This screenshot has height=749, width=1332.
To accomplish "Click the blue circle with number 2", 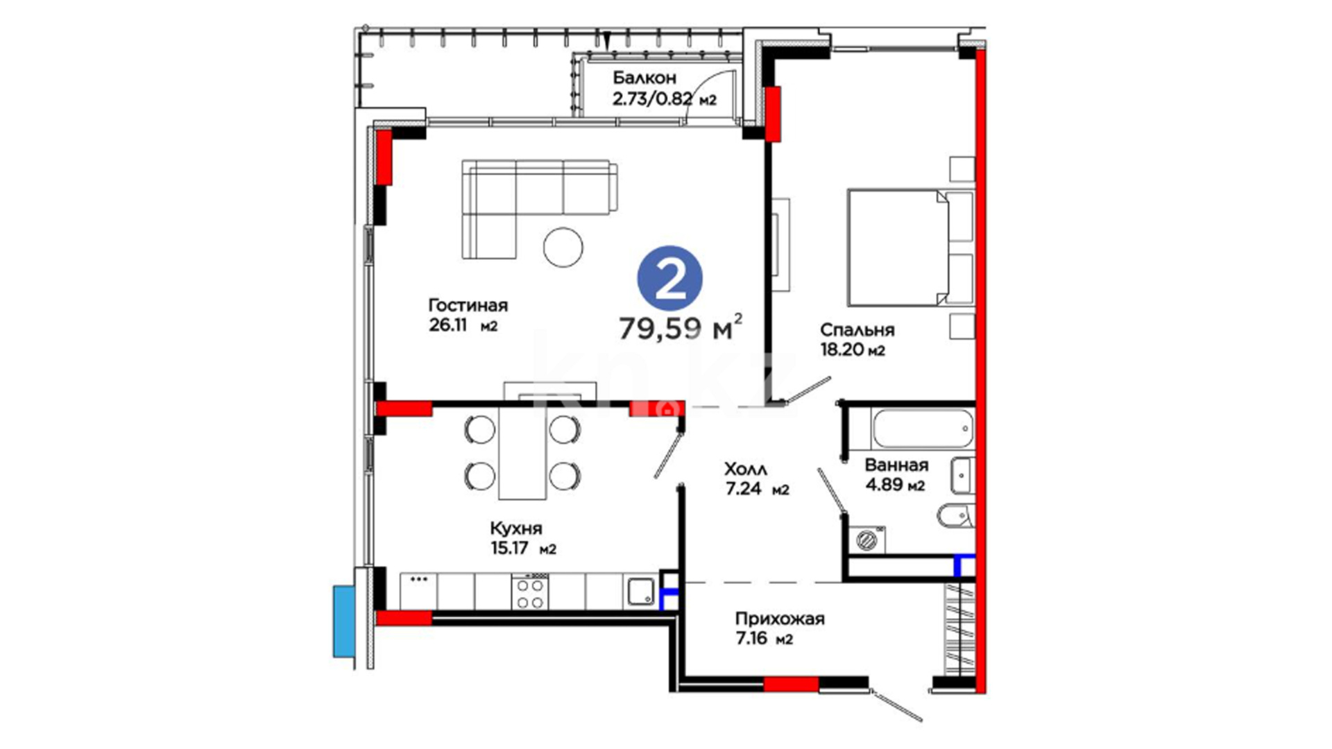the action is (669, 278).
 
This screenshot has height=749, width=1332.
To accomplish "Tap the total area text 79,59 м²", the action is (681, 327).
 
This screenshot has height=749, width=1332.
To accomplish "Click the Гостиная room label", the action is (468, 305).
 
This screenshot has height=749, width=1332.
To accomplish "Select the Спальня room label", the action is (857, 330).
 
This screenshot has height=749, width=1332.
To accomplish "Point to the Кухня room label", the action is (515, 528).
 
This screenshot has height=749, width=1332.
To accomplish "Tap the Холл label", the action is (745, 469).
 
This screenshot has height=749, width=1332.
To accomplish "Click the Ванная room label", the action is (896, 465).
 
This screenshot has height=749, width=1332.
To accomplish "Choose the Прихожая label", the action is (780, 619).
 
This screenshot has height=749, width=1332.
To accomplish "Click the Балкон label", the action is (644, 78).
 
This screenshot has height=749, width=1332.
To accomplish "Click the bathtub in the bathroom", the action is (923, 429).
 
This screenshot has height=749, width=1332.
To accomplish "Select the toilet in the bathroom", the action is (956, 515).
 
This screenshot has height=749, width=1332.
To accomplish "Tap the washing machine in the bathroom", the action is (866, 540).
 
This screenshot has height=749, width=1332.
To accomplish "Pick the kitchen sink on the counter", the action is (641, 592).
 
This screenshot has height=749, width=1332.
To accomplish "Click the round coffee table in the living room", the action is (563, 247).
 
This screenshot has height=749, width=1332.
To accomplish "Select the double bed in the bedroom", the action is (910, 247).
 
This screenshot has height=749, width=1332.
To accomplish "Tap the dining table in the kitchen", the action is (522, 453).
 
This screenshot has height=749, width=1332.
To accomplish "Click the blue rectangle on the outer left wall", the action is (344, 621).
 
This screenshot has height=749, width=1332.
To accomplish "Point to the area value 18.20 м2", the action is (853, 350).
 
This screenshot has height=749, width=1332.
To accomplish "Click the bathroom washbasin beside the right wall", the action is (962, 475).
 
